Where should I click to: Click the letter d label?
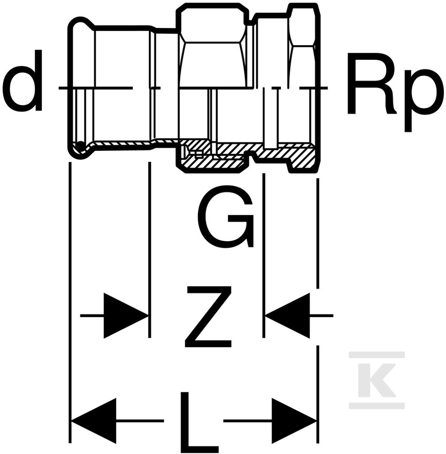click(x=22, y=80)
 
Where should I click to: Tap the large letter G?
click(x=226, y=217)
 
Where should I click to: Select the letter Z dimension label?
click(x=208, y=317)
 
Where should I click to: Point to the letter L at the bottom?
click(x=199, y=423)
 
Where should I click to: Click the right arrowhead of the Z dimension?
click(x=287, y=316)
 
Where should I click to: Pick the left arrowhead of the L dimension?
click(x=94, y=421)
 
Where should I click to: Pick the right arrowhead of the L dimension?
click(x=294, y=421)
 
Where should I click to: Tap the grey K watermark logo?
click(x=376, y=380)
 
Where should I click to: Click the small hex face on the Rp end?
click(x=302, y=27)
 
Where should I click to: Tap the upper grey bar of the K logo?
click(x=376, y=355)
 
